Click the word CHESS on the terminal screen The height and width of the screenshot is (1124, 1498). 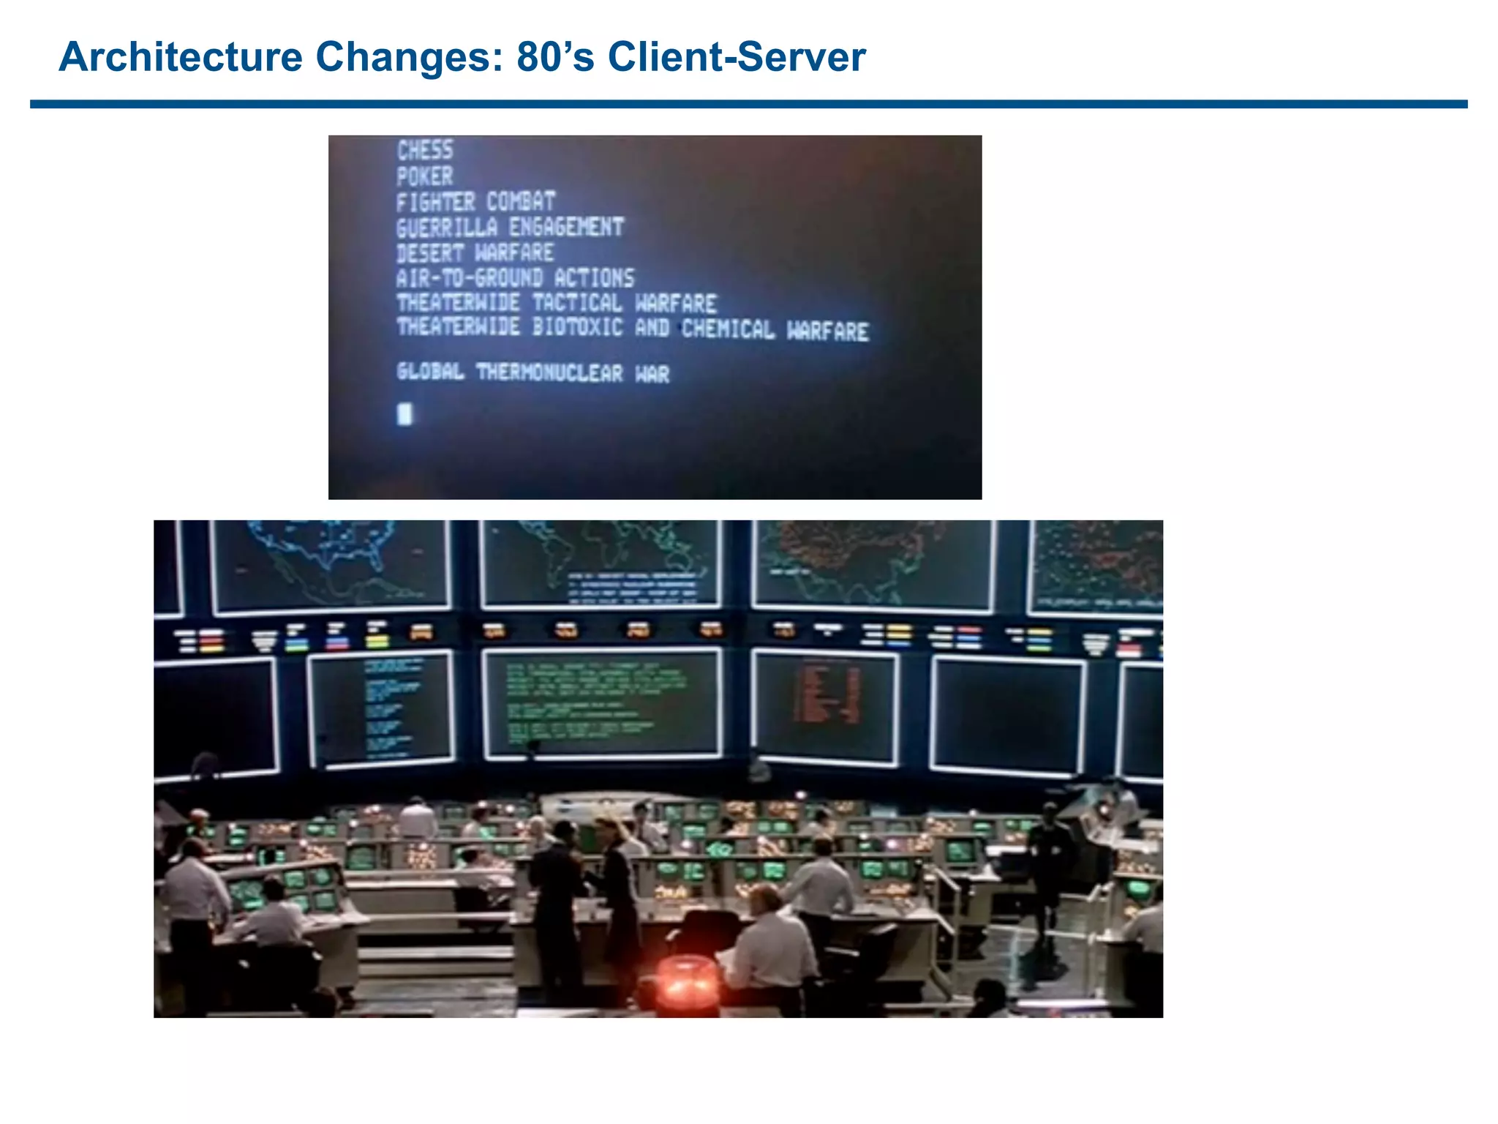[x=425, y=150]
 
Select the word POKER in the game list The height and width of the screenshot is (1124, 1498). [x=425, y=176]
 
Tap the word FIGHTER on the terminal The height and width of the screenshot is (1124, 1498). [x=436, y=202]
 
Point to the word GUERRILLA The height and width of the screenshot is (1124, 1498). [x=447, y=228]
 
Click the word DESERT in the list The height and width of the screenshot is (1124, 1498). [x=430, y=253]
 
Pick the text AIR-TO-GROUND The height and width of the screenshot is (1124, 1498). [x=469, y=278]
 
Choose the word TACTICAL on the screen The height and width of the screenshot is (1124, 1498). [x=577, y=303]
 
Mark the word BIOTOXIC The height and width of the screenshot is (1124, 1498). [x=577, y=327]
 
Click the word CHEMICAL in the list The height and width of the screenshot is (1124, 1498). [x=728, y=329]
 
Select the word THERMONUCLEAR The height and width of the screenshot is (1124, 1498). [x=549, y=372]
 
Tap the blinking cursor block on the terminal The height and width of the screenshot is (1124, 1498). [x=404, y=414]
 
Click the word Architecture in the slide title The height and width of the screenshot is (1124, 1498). [x=181, y=56]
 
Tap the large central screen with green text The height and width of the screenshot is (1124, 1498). [x=602, y=703]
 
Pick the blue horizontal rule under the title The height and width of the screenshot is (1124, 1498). [x=748, y=105]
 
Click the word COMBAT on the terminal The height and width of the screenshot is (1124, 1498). [x=521, y=202]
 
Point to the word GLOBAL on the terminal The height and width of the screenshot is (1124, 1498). [x=430, y=372]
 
